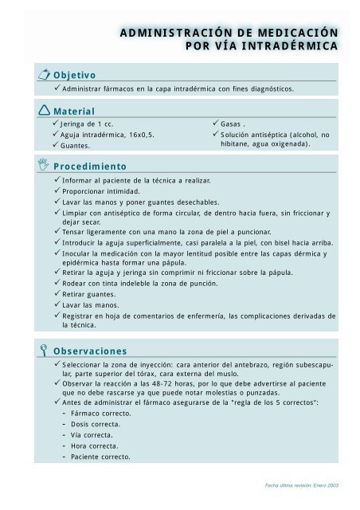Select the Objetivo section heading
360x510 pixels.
pos(74,75)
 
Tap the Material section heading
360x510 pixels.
pos(73,112)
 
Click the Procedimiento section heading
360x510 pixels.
pos(90,167)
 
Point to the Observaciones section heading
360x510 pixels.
pos(89,350)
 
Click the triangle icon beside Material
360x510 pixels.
pos(43,110)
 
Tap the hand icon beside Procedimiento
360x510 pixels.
pos(43,166)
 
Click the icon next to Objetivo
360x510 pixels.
pos(43,74)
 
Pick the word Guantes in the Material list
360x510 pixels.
pos(76,147)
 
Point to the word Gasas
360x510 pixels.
pos(233,124)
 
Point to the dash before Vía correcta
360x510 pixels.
pos(63,434)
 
